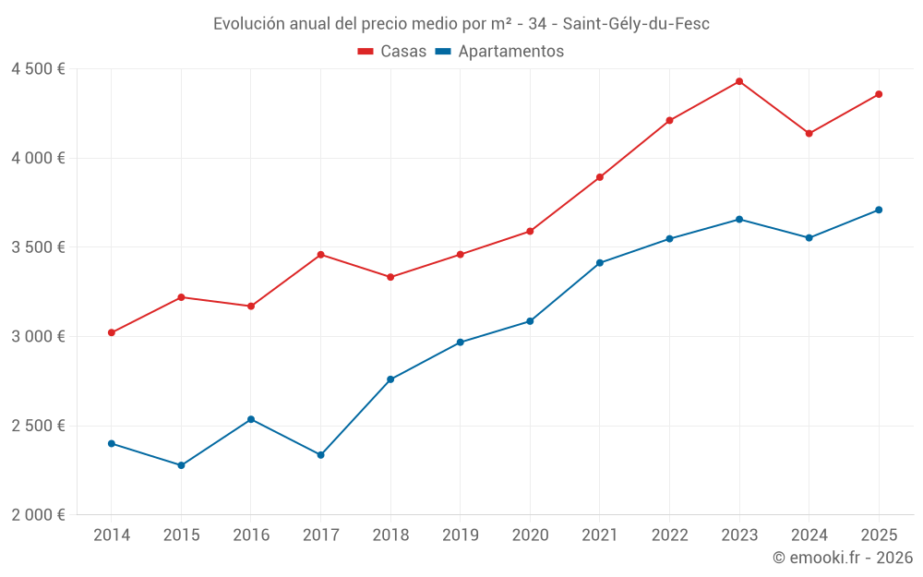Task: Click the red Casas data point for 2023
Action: [x=739, y=81]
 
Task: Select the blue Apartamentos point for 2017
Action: [x=320, y=455]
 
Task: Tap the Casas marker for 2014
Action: [x=112, y=332]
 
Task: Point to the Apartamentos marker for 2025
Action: [x=879, y=210]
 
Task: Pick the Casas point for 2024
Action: [x=809, y=134]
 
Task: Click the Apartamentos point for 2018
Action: [x=390, y=379]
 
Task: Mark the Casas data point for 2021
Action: [x=600, y=177]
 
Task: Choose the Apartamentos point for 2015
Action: [x=181, y=465]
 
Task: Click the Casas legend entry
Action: [x=392, y=52]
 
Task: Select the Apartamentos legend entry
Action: [x=499, y=52]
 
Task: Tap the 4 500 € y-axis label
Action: [x=38, y=69]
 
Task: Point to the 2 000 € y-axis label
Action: [x=38, y=515]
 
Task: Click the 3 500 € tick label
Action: [x=38, y=247]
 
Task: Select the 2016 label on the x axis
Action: [x=251, y=535]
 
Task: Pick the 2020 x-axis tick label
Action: [x=530, y=535]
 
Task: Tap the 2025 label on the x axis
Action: [x=879, y=535]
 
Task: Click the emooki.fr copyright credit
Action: [x=843, y=558]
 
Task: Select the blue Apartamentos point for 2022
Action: [x=669, y=239]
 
